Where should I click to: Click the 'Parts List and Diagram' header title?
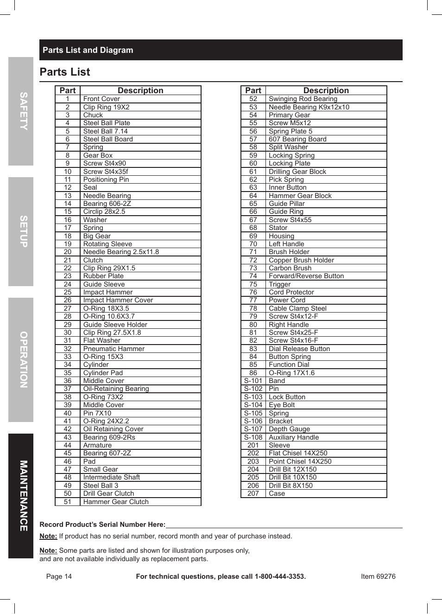[x=88, y=50]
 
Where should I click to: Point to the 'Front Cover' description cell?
[x=101, y=99]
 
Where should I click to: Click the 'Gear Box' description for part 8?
[x=98, y=155]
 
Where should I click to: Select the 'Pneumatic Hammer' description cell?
[x=114, y=349]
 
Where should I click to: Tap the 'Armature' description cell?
[x=97, y=445]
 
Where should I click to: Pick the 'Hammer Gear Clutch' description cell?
[x=116, y=502]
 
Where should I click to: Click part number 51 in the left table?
[x=68, y=502]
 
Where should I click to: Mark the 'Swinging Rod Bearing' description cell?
[x=303, y=99]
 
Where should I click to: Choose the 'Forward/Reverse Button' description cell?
[x=306, y=276]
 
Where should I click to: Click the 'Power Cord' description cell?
[x=287, y=300]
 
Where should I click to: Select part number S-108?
[x=253, y=437]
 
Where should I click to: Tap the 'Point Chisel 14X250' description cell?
[x=300, y=461]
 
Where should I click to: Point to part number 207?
[x=253, y=493]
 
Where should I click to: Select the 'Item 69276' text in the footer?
[x=378, y=576]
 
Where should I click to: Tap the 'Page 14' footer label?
[x=59, y=576]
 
